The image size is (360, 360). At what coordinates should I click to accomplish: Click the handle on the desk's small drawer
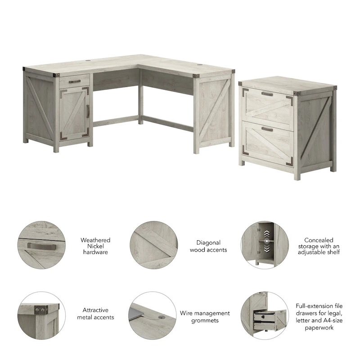[x=74, y=81]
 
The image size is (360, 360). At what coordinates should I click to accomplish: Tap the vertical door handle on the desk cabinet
[x=87, y=111]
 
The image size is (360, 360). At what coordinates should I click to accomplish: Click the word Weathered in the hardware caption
[x=95, y=240]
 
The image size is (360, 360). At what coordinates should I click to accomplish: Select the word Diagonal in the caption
[x=208, y=243]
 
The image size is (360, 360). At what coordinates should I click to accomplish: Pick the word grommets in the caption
[x=205, y=320]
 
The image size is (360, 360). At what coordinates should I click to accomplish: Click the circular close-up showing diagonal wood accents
[x=153, y=246]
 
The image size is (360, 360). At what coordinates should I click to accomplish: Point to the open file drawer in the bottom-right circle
[x=265, y=318]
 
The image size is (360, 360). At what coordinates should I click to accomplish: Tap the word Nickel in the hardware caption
[x=95, y=246]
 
